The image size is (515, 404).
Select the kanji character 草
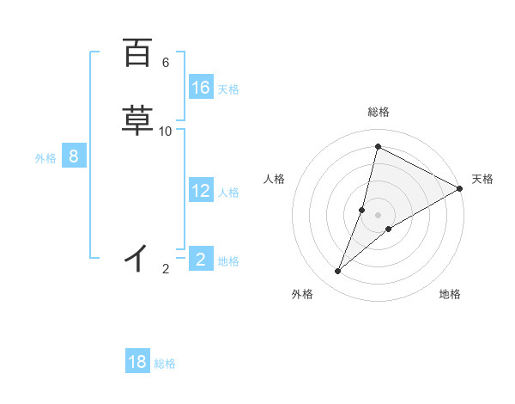pyautogui.click(x=137, y=120)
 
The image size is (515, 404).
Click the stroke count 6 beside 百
pyautogui.click(x=166, y=63)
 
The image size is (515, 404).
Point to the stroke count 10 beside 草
pyautogui.click(x=166, y=132)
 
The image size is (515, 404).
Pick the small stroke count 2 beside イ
pyautogui.click(x=166, y=269)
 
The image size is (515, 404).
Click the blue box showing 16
pyautogui.click(x=201, y=88)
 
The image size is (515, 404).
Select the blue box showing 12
pyautogui.click(x=201, y=191)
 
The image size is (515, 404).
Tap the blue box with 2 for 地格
pyautogui.click(x=201, y=259)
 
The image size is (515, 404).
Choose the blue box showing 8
pyautogui.click(x=74, y=156)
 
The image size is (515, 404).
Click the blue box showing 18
pyautogui.click(x=137, y=362)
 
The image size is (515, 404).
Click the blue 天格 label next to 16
pyautogui.click(x=228, y=89)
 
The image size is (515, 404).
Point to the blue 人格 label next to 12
pyautogui.click(x=228, y=193)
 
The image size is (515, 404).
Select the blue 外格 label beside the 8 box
pyautogui.click(x=45, y=158)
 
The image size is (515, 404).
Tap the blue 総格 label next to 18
pyautogui.click(x=165, y=364)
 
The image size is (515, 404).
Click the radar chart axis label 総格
pyautogui.click(x=379, y=112)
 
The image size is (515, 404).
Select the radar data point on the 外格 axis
pyautogui.click(x=338, y=272)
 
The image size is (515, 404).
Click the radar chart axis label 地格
pyautogui.click(x=450, y=294)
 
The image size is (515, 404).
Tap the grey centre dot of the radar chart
pyautogui.click(x=379, y=215)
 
